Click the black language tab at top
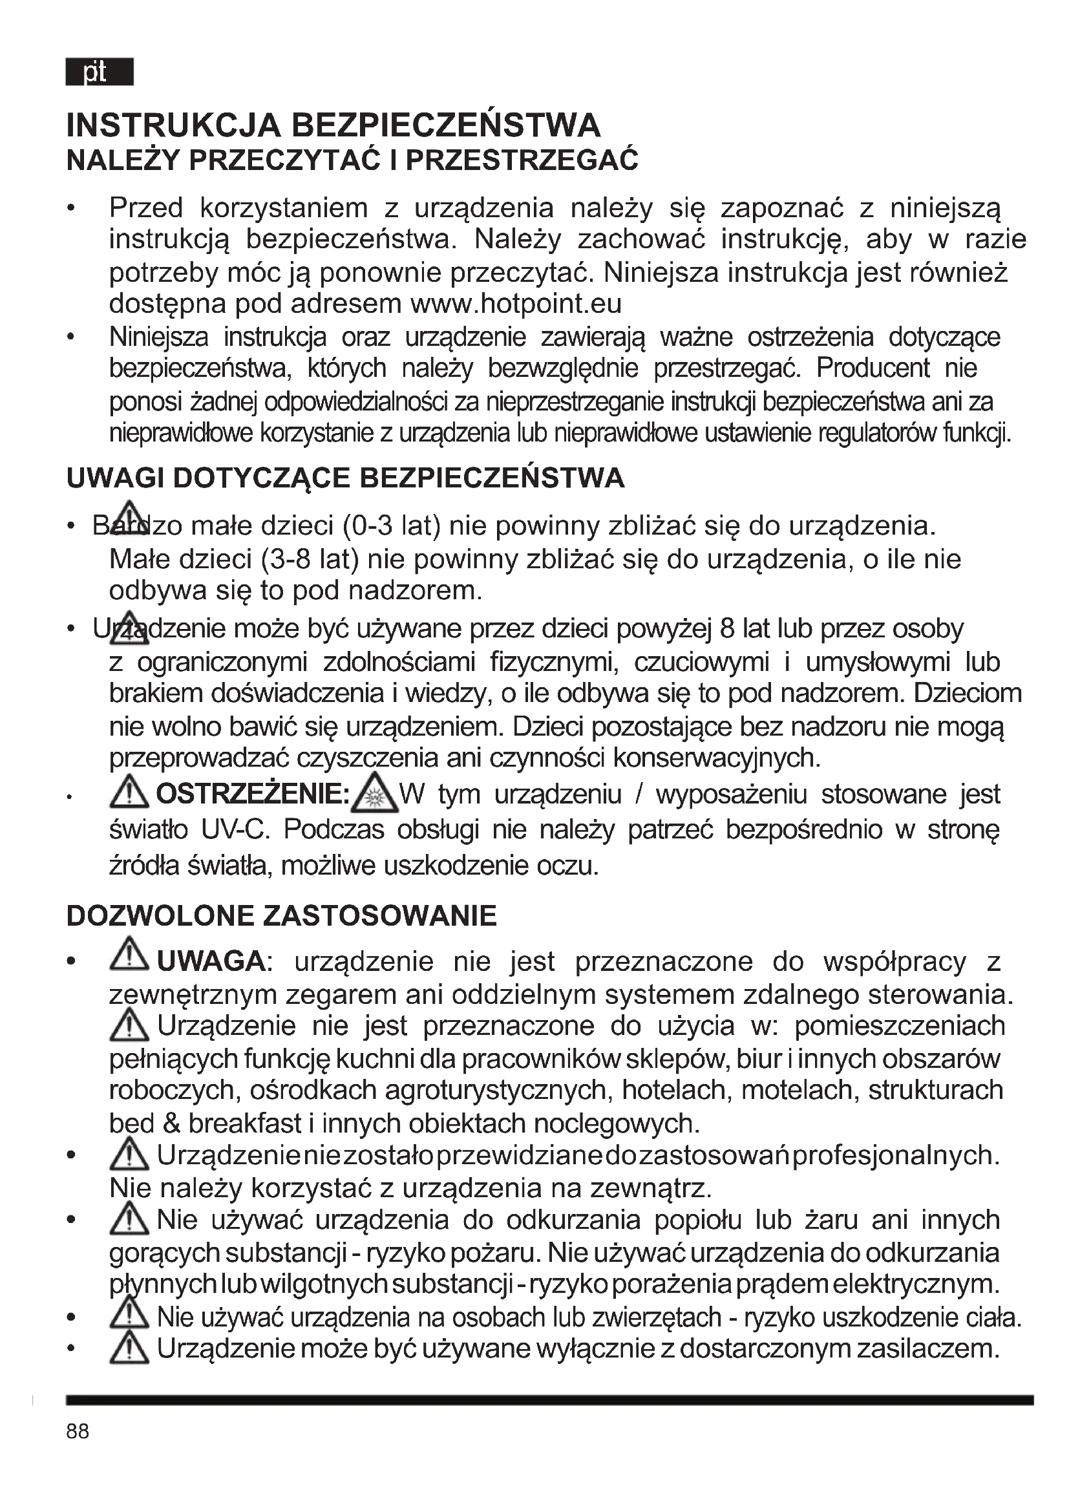(x=100, y=72)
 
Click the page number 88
(x=78, y=1431)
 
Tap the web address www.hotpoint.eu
(x=515, y=304)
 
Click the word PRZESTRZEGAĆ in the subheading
(x=522, y=161)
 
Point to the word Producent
(x=873, y=368)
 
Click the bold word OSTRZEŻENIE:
(x=253, y=794)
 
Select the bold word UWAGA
(x=211, y=962)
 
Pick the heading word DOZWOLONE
(x=160, y=916)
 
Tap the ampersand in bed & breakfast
(x=171, y=1124)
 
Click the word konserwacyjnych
(x=717, y=758)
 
